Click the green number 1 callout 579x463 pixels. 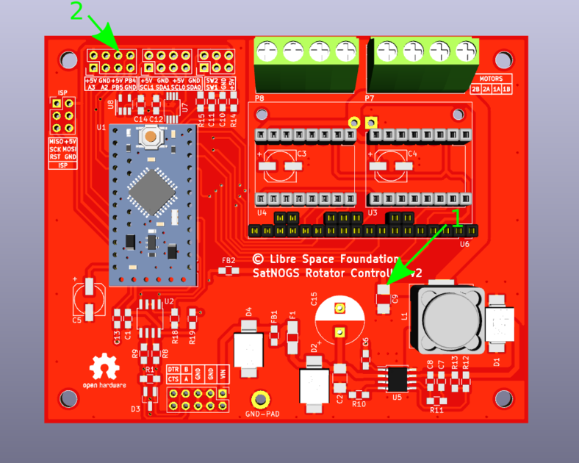457,217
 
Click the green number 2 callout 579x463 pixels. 76,11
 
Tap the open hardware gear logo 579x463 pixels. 104,367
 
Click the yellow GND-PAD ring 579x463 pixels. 259,400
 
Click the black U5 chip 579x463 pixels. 397,378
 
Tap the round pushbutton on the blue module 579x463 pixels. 151,135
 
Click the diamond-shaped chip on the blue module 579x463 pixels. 152,190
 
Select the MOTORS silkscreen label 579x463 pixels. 491,79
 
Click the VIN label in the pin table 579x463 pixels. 223,374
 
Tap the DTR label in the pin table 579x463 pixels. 173,369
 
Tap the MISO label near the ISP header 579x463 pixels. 55,141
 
